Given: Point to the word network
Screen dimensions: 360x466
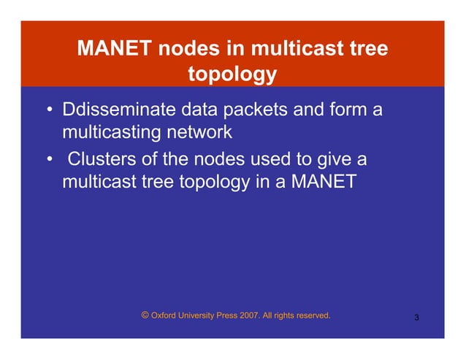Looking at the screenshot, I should (200, 133).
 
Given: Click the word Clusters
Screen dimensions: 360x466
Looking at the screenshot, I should (99, 158).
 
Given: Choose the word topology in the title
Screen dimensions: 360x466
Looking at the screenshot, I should (232, 74).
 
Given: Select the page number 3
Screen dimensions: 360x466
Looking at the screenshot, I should (416, 318).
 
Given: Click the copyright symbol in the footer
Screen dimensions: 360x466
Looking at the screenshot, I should (145, 315).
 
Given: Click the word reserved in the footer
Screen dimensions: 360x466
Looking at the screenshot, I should (311, 316).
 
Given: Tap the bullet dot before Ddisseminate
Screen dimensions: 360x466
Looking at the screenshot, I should (49, 112).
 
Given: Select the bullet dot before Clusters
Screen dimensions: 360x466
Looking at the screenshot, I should (49, 159).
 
